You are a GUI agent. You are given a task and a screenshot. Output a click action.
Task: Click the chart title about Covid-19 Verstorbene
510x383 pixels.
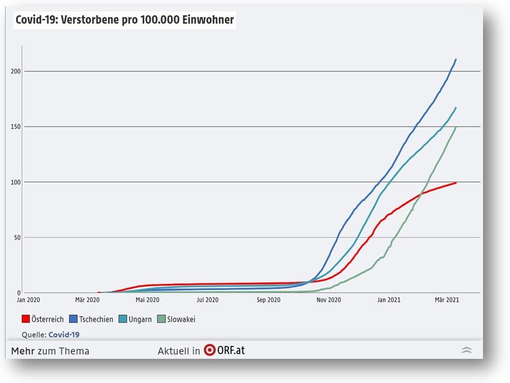(x=125, y=20)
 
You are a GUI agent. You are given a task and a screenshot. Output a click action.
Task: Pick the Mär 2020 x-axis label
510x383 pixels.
(x=87, y=300)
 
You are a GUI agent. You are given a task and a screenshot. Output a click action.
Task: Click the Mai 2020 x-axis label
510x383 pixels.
(x=147, y=300)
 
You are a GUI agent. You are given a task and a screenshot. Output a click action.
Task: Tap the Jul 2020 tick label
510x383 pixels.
(x=207, y=300)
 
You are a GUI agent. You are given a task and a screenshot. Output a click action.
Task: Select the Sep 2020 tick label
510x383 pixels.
(x=268, y=300)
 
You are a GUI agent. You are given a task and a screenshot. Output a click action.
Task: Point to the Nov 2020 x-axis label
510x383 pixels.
(x=328, y=300)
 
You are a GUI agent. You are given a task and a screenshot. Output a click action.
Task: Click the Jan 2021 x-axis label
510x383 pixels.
(x=389, y=300)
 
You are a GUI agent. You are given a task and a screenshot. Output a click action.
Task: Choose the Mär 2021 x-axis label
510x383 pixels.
(x=447, y=300)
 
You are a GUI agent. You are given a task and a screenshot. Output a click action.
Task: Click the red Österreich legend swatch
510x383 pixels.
(x=25, y=319)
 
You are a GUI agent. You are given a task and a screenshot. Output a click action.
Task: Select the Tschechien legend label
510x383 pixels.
(x=96, y=319)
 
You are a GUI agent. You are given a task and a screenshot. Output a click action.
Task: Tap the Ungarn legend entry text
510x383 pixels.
(x=140, y=319)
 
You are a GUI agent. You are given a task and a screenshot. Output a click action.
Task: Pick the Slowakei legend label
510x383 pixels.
(x=180, y=319)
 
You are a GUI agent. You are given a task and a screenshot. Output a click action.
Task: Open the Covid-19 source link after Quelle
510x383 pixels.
(x=64, y=335)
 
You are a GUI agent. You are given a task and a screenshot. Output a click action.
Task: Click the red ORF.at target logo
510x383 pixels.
(x=209, y=350)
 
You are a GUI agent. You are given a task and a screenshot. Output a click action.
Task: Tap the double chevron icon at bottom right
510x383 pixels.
(x=466, y=350)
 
